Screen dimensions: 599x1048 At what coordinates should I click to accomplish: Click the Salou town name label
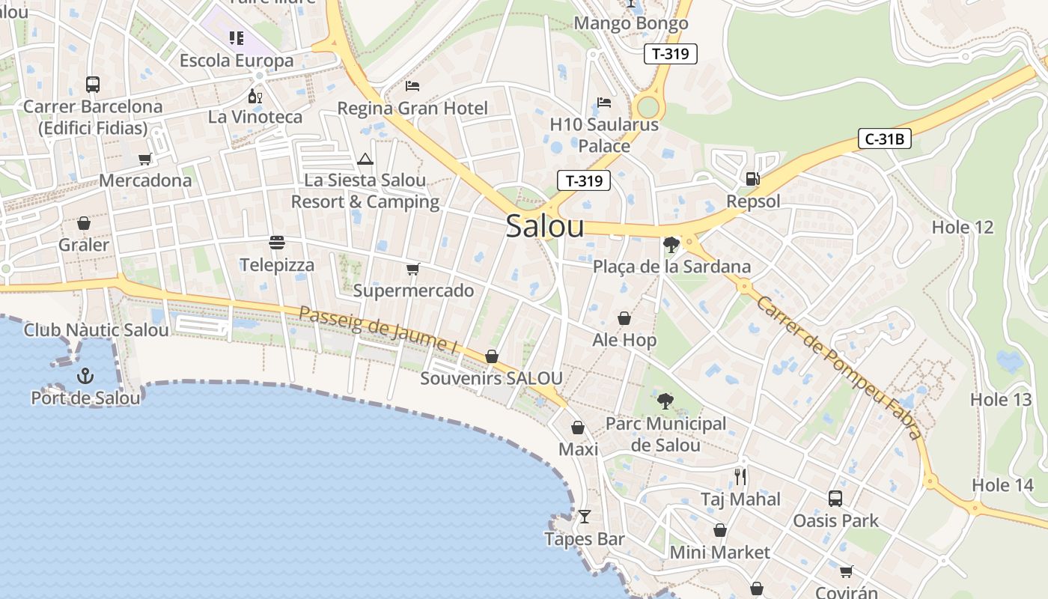pos(544,226)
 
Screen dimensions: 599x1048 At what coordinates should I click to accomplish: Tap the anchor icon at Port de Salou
pos(85,375)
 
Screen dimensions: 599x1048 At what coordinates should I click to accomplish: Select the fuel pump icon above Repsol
pos(752,178)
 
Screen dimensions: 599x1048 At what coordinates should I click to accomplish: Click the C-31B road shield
pos(884,139)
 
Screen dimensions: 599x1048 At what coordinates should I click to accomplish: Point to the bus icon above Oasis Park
pos(835,498)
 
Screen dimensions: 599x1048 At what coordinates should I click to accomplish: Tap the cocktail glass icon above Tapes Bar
pos(585,517)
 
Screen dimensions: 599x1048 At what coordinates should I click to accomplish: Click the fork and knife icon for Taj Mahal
pos(740,476)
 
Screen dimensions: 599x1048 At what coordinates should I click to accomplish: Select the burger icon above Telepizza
pos(277,243)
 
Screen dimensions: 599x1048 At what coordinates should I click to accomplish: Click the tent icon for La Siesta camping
pos(365,159)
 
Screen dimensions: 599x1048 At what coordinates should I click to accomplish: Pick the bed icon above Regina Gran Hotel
pos(412,86)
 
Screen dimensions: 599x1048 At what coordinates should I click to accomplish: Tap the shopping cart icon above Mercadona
pos(145,159)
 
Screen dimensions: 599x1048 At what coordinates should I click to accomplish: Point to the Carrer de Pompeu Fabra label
pos(838,367)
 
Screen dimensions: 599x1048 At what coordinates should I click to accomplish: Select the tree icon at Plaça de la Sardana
pos(671,244)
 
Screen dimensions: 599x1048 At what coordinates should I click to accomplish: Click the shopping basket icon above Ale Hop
pos(624,318)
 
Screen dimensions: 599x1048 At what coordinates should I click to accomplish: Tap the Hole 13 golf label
pos(1001,399)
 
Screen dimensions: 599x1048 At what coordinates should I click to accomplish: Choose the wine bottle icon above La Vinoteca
pos(255,96)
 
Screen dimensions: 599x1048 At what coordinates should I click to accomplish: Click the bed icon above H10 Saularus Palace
pos(604,103)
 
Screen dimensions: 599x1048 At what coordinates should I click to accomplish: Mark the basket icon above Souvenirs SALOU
pos(492,356)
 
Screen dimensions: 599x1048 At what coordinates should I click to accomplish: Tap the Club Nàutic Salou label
pos(97,329)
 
